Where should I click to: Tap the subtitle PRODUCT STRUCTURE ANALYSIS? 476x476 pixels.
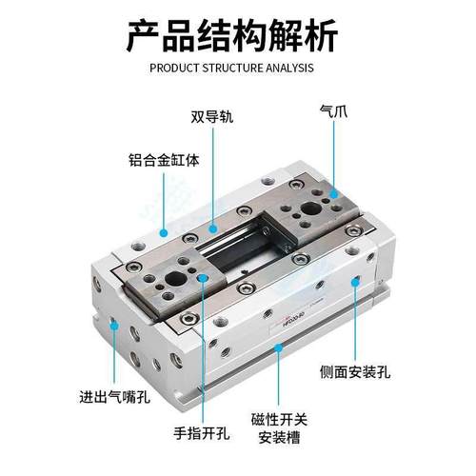pyautogui.click(x=238, y=69)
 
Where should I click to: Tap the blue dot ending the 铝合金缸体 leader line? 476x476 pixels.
pyautogui.click(x=164, y=230)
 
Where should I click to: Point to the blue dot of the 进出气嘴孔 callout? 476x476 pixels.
pyautogui.click(x=115, y=326)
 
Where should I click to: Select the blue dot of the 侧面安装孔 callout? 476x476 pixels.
pyautogui.click(x=354, y=281)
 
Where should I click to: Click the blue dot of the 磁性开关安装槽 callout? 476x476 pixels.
pyautogui.click(x=279, y=350)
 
